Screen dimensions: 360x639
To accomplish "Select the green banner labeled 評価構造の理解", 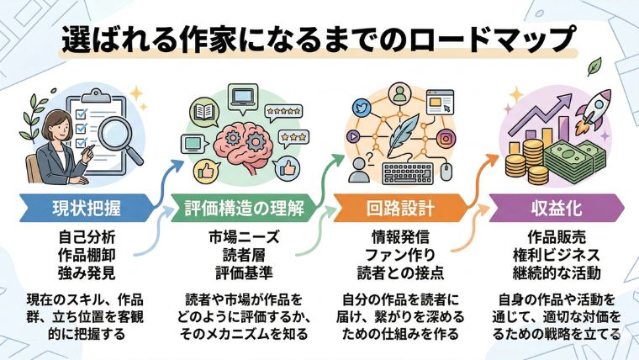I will (x=243, y=205).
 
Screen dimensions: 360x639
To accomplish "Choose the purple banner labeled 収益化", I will (x=554, y=205).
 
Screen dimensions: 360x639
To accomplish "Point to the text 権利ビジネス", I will (x=554, y=251).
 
